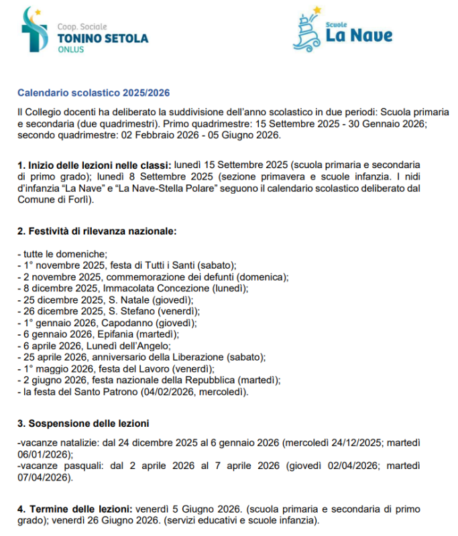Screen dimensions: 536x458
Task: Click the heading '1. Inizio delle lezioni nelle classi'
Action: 94,163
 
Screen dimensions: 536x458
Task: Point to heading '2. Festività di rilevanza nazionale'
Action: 97,231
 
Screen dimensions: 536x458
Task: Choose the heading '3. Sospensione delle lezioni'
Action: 83,423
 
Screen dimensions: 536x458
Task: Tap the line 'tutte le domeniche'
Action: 63,254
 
